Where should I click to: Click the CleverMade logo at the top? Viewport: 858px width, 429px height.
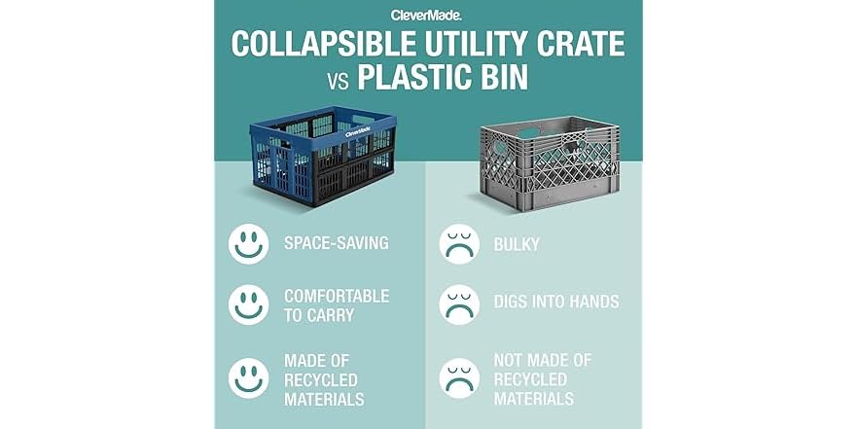coord(427,15)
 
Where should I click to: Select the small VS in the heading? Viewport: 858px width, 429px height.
coord(338,79)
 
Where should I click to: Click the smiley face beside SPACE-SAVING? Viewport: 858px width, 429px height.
coord(248,243)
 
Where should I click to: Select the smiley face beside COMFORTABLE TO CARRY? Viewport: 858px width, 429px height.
coord(248,304)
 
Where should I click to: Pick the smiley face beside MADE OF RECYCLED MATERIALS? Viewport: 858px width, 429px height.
coord(248,376)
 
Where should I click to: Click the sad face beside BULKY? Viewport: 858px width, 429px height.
coord(458,243)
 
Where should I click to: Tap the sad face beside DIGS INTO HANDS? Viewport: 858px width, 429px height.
coord(458,304)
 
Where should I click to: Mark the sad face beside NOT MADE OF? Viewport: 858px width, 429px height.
coord(458,377)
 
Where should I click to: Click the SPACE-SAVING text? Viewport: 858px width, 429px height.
coord(336,243)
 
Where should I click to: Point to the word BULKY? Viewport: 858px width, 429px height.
coord(516,243)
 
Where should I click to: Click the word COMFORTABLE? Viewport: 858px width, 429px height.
coord(337,296)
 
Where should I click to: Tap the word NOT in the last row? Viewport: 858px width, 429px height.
coord(510,361)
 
